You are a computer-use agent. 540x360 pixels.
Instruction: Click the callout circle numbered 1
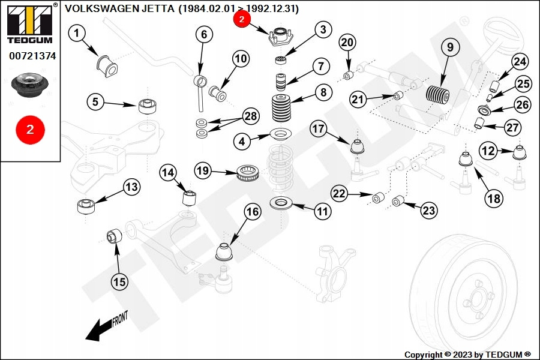(x=77, y=34)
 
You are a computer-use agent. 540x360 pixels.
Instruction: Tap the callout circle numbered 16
(x=253, y=212)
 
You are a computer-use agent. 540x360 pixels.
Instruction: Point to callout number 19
(x=204, y=171)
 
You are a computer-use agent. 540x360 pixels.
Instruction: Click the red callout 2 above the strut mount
(x=241, y=19)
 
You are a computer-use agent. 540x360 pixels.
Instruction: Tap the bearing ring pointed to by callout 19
(x=247, y=174)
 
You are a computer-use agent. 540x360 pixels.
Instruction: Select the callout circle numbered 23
(x=428, y=211)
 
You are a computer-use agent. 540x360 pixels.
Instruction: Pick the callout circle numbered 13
(x=132, y=188)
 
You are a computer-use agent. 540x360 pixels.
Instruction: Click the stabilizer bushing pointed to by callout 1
(x=106, y=63)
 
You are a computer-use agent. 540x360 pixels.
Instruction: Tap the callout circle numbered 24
(x=520, y=62)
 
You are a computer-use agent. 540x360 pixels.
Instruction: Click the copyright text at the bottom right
(x=467, y=355)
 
